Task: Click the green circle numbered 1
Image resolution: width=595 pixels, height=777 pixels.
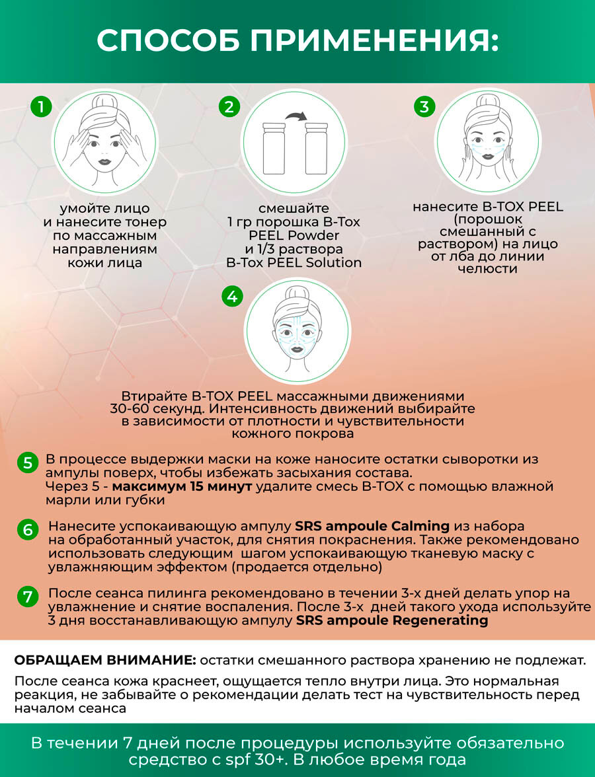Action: pos(41,107)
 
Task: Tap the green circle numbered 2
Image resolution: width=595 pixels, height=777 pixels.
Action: pos(229,107)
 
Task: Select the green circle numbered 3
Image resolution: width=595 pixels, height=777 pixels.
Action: pos(424,107)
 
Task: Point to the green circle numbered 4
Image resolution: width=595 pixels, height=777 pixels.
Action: pos(231,297)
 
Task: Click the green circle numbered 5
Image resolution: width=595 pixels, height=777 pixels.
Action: pos(27,462)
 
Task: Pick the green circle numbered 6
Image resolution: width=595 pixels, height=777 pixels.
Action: pos(27,529)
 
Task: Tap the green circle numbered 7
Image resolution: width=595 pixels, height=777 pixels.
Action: pos(27,597)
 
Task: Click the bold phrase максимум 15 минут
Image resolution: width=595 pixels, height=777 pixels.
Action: pos(181,487)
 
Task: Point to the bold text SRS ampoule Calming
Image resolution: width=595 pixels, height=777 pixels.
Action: pos(372,527)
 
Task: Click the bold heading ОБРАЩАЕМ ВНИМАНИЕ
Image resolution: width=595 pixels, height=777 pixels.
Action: pos(104,661)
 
